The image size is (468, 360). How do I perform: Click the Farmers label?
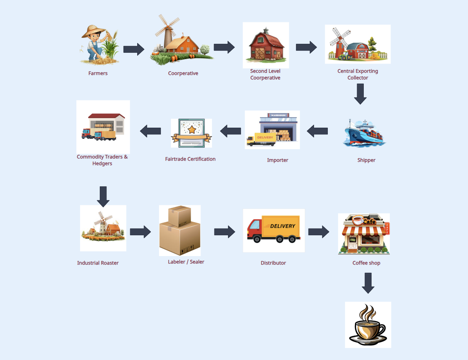[98, 73]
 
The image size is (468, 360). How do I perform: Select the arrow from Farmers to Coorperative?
[134, 49]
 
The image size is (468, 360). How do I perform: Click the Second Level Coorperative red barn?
[266, 46]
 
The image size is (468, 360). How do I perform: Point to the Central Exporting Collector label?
[358, 74]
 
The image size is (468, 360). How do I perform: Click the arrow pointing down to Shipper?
[360, 94]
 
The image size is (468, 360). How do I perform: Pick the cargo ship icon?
[365, 133]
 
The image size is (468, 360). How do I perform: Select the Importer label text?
[277, 160]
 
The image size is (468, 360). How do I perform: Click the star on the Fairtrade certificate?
[192, 130]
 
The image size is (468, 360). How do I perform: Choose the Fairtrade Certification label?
[190, 159]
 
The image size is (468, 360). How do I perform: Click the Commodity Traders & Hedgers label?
[102, 160]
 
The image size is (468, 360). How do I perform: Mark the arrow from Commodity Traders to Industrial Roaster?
[103, 196]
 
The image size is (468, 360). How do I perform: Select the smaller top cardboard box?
[179, 216]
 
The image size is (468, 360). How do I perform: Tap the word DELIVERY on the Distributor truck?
[283, 226]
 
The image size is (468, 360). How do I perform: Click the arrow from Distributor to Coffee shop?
[319, 232]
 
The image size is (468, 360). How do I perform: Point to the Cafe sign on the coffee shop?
[369, 221]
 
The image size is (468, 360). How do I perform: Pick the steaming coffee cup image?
[368, 325]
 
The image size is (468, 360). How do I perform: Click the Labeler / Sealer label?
[186, 262]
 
